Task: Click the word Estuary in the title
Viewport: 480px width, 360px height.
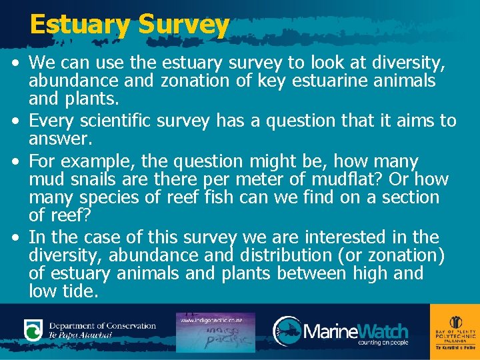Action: click(80, 25)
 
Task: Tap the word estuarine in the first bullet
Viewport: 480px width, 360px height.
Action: click(351, 81)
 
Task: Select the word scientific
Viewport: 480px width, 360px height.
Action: click(133, 121)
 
